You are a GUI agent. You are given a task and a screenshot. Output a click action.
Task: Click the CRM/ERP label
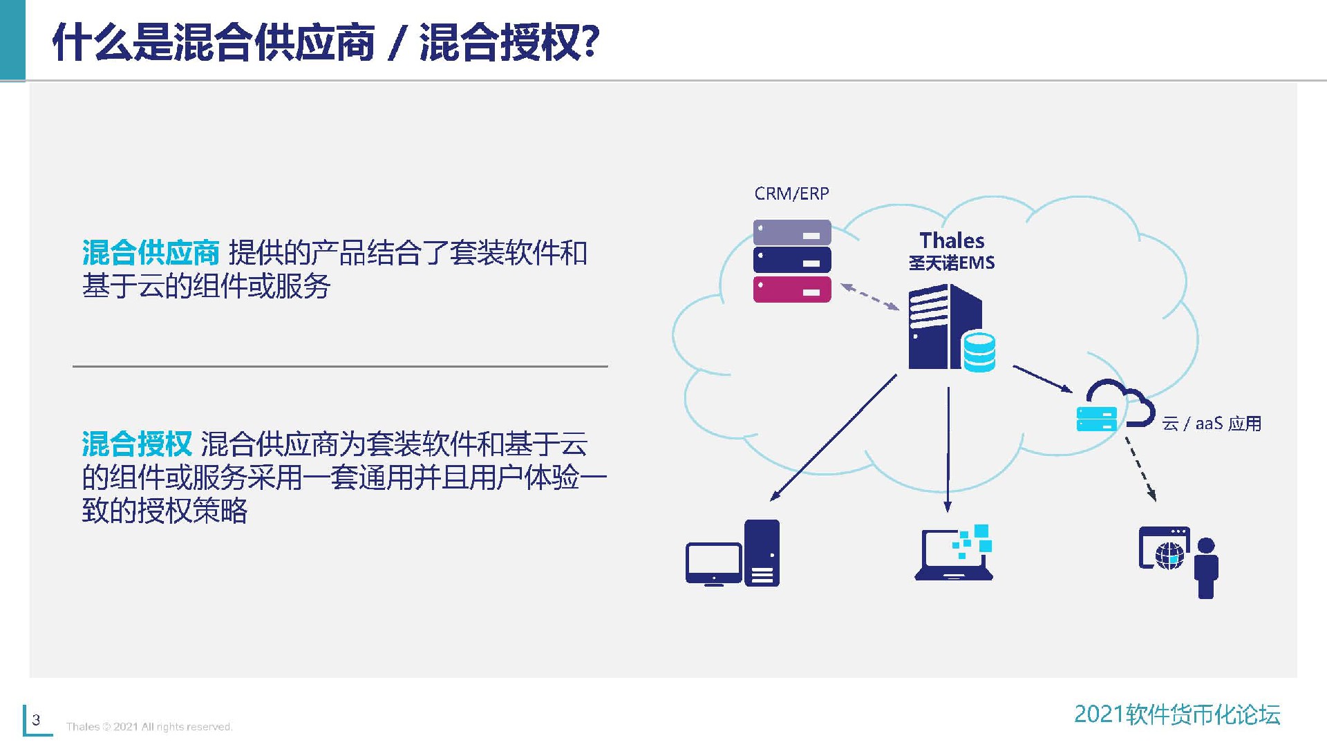(791, 193)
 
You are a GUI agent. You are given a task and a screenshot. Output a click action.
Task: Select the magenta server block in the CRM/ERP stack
(792, 290)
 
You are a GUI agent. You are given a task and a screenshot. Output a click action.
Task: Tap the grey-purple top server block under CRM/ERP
(792, 233)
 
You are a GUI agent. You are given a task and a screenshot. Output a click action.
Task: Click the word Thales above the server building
(952, 240)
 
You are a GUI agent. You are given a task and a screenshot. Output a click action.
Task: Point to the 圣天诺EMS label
(952, 263)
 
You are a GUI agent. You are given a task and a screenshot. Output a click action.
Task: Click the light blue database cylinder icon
(979, 351)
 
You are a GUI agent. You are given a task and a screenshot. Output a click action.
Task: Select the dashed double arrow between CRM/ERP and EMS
(869, 297)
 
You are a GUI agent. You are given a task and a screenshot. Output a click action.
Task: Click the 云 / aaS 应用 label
(1212, 424)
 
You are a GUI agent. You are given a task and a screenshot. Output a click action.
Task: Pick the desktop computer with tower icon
(733, 554)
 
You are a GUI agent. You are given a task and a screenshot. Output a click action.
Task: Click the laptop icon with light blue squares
(954, 554)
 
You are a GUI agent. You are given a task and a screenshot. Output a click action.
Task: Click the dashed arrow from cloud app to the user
(1140, 468)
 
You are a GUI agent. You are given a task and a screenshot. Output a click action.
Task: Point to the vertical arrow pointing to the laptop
(948, 449)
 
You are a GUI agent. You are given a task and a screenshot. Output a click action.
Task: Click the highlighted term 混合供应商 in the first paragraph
(151, 253)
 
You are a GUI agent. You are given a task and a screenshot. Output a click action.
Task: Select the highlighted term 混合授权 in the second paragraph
(137, 444)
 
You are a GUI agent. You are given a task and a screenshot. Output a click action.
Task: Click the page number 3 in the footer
(37, 720)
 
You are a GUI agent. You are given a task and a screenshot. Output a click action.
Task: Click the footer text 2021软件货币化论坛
(1177, 714)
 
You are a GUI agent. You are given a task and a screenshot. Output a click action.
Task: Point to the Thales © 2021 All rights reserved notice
(149, 727)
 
